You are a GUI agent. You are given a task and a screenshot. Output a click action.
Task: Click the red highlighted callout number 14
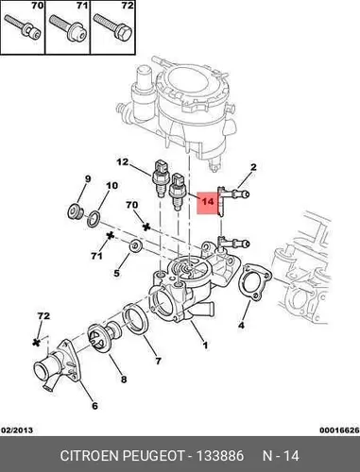(208, 201)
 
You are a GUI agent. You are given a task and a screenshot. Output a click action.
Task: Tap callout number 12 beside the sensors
(123, 162)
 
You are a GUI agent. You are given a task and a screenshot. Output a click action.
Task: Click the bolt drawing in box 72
(112, 27)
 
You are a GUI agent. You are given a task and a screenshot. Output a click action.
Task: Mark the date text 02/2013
(17, 430)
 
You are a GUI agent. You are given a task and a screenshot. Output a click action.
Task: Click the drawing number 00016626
(339, 430)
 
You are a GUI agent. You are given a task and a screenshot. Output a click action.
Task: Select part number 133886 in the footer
(220, 456)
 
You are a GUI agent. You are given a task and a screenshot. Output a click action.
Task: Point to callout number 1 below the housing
(205, 346)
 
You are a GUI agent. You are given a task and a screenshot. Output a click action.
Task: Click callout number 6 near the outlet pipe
(94, 406)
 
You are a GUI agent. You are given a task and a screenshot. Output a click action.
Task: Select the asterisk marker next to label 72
(37, 342)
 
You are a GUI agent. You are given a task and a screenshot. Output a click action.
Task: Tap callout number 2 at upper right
(253, 167)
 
